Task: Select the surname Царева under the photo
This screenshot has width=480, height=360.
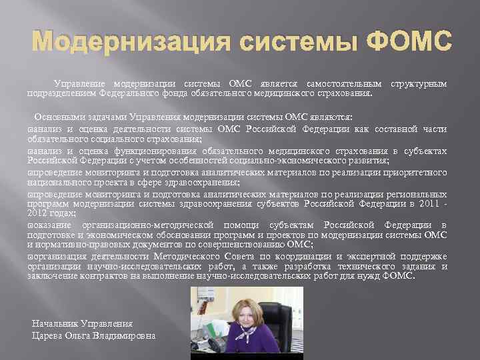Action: [x=48, y=335]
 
